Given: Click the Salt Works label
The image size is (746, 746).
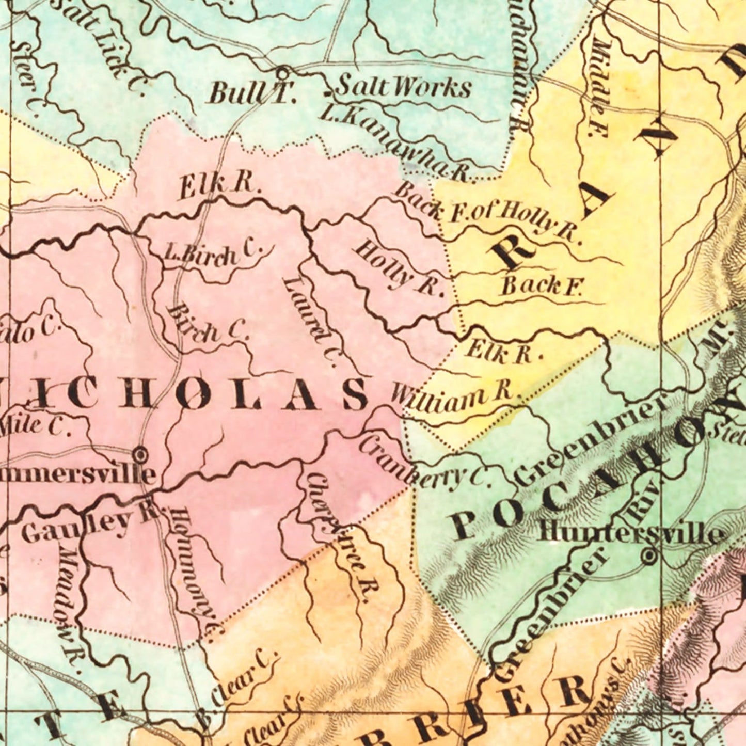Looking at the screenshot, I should (404, 87).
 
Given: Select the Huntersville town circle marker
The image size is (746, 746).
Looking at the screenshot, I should (649, 557).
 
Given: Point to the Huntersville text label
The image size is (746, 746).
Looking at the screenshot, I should (630, 534).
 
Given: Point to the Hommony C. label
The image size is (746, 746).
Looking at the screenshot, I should (196, 568).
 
